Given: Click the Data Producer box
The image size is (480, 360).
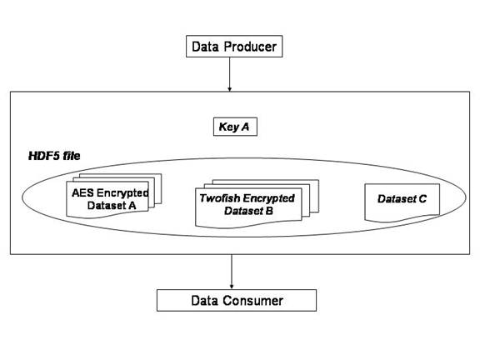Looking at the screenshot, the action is point(234,46).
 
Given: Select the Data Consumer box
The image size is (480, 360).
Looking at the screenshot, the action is point(237,300).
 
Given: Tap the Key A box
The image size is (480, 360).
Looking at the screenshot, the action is point(235,127).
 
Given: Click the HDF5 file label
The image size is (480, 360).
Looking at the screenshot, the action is point(54,156).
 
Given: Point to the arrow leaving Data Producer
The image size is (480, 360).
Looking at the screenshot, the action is point(230,74).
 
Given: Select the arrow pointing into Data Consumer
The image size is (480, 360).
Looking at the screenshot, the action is point(232,272).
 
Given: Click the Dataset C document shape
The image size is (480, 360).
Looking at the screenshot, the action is point(402,202).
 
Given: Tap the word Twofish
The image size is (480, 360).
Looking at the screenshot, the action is point(219,198).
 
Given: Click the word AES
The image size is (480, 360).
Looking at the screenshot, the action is point(82,192).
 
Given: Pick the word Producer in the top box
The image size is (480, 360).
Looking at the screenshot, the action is point(250,47).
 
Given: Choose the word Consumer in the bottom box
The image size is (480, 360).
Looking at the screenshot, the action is point(252,301).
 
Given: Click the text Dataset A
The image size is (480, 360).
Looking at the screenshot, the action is point(112,205).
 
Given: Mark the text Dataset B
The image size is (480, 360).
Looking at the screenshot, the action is point(248,211).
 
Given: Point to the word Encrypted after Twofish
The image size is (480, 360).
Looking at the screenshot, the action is point(268,198).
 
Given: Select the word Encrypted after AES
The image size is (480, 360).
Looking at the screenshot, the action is point(122,193).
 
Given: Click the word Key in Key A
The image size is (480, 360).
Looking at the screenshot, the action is point(228,127).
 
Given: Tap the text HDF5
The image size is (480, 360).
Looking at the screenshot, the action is point(44,156).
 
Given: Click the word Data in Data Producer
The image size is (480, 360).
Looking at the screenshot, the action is point(205,47).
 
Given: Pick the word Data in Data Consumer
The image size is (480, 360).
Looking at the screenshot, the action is point(204,301).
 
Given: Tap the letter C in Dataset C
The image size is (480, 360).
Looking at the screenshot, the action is point(422,199).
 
